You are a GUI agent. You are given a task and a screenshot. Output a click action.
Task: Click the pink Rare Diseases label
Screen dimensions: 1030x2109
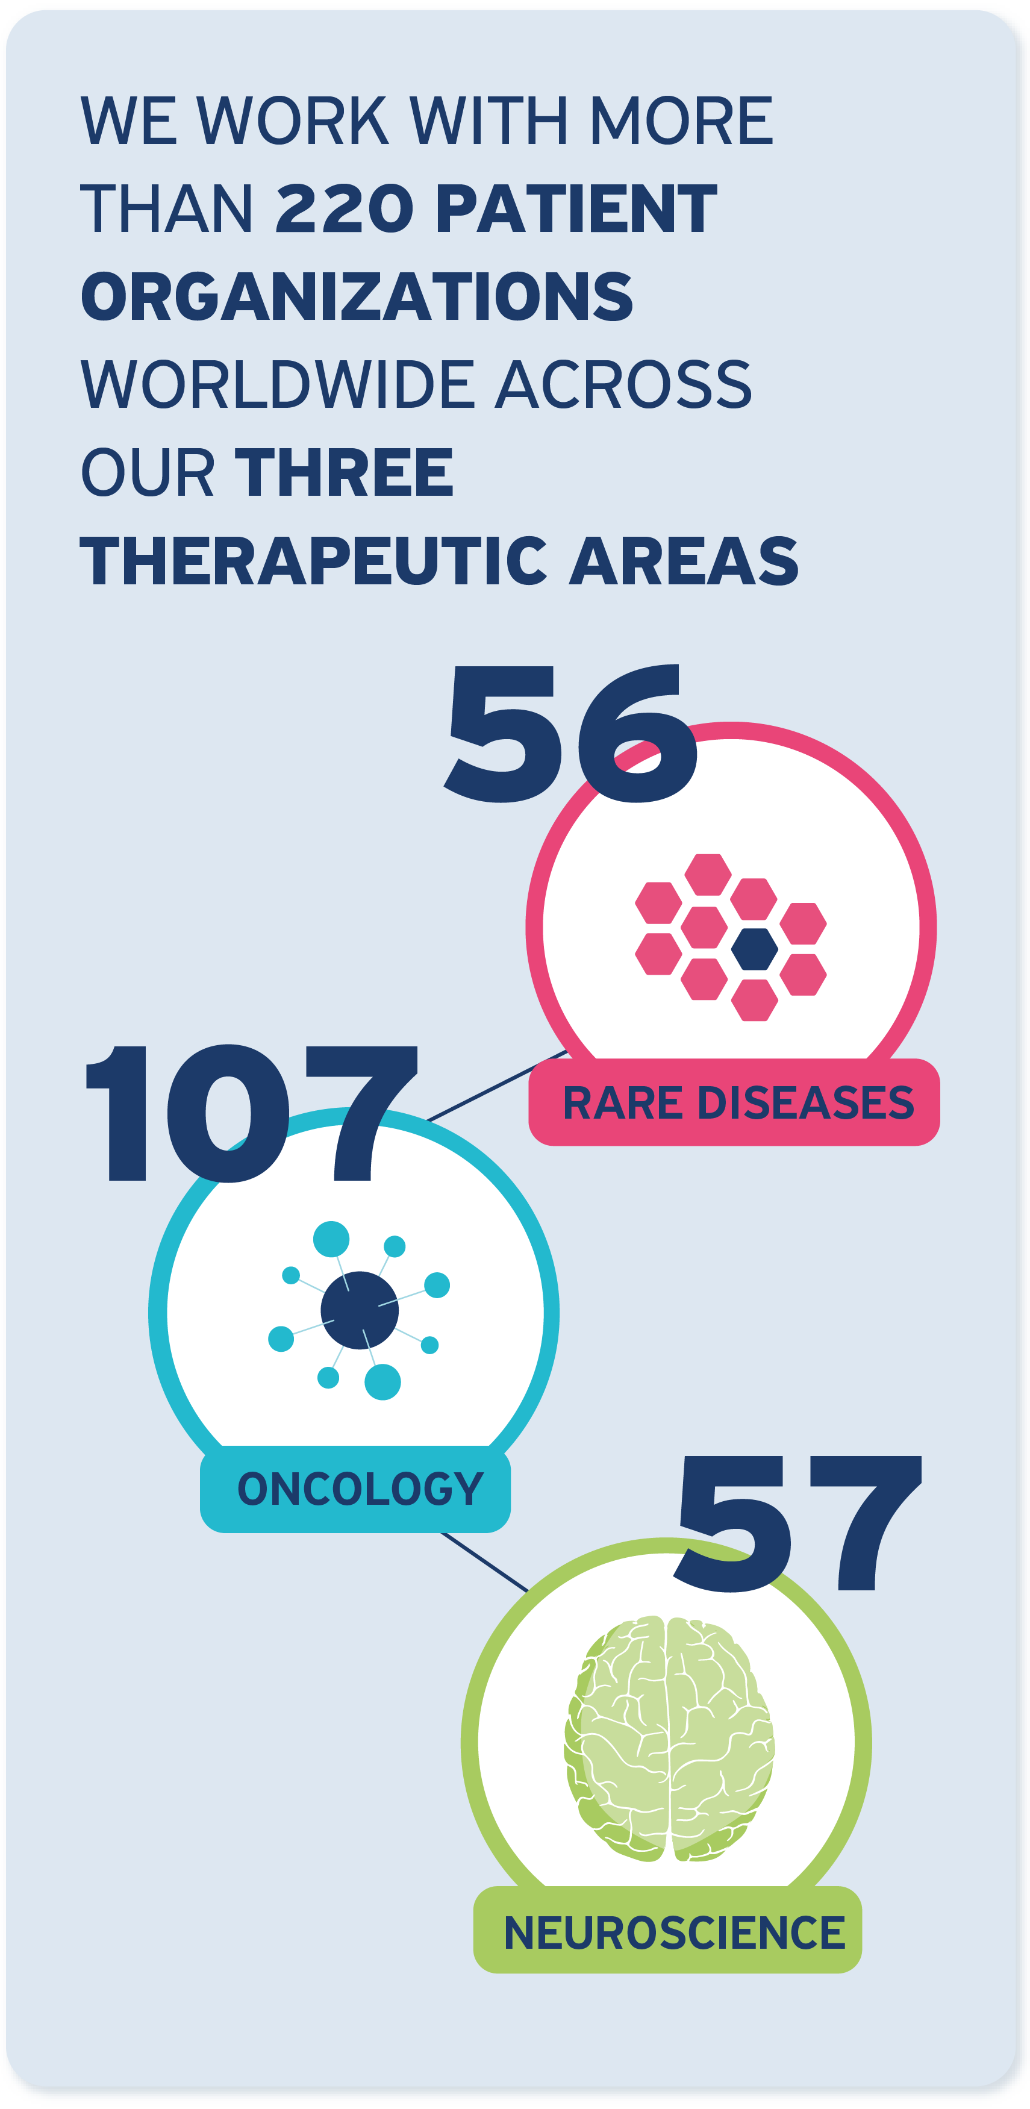734,1102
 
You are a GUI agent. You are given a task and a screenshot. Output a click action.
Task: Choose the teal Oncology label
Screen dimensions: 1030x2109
355,1489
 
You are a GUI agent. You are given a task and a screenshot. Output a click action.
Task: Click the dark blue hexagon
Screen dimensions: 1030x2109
754,949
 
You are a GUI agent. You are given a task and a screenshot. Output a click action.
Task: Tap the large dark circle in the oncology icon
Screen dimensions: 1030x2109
360,1310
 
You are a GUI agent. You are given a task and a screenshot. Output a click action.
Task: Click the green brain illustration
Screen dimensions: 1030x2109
669,1738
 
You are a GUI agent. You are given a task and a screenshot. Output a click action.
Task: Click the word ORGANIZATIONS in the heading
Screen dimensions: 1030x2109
357,296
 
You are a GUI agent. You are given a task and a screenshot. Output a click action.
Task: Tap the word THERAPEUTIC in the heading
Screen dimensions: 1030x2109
314,561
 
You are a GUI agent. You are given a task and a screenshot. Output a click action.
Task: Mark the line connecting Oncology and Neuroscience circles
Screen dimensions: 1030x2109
485,1562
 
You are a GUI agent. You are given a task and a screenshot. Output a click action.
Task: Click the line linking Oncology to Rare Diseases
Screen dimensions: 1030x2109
497,1085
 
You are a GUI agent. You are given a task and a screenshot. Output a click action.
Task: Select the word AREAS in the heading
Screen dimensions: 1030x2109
684,561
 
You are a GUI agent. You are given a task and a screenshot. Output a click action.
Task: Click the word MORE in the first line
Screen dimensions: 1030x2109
681,120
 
